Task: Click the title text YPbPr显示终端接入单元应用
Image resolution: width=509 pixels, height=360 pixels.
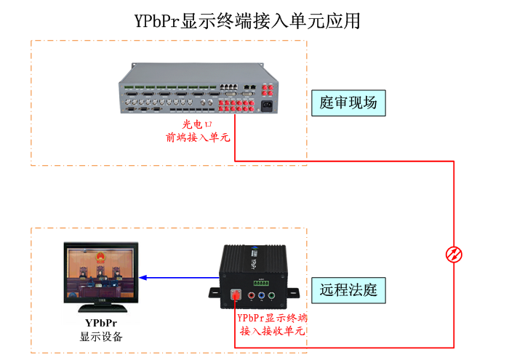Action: click(x=247, y=21)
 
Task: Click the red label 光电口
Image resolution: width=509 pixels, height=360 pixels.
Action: click(x=196, y=124)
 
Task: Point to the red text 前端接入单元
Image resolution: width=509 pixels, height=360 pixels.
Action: click(x=196, y=137)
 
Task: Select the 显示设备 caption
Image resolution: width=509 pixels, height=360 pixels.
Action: click(x=101, y=337)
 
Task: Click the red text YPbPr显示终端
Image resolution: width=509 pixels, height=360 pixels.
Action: click(x=272, y=319)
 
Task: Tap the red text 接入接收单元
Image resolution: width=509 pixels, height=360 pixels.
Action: click(x=272, y=331)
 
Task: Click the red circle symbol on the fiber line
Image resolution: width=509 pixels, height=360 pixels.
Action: click(x=454, y=255)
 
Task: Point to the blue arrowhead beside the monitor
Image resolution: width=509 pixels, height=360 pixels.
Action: click(x=144, y=277)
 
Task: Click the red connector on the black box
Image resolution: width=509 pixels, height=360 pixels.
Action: click(x=236, y=295)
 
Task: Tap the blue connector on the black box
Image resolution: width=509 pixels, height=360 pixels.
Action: click(x=261, y=296)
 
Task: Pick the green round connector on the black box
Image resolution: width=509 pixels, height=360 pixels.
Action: click(x=270, y=295)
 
